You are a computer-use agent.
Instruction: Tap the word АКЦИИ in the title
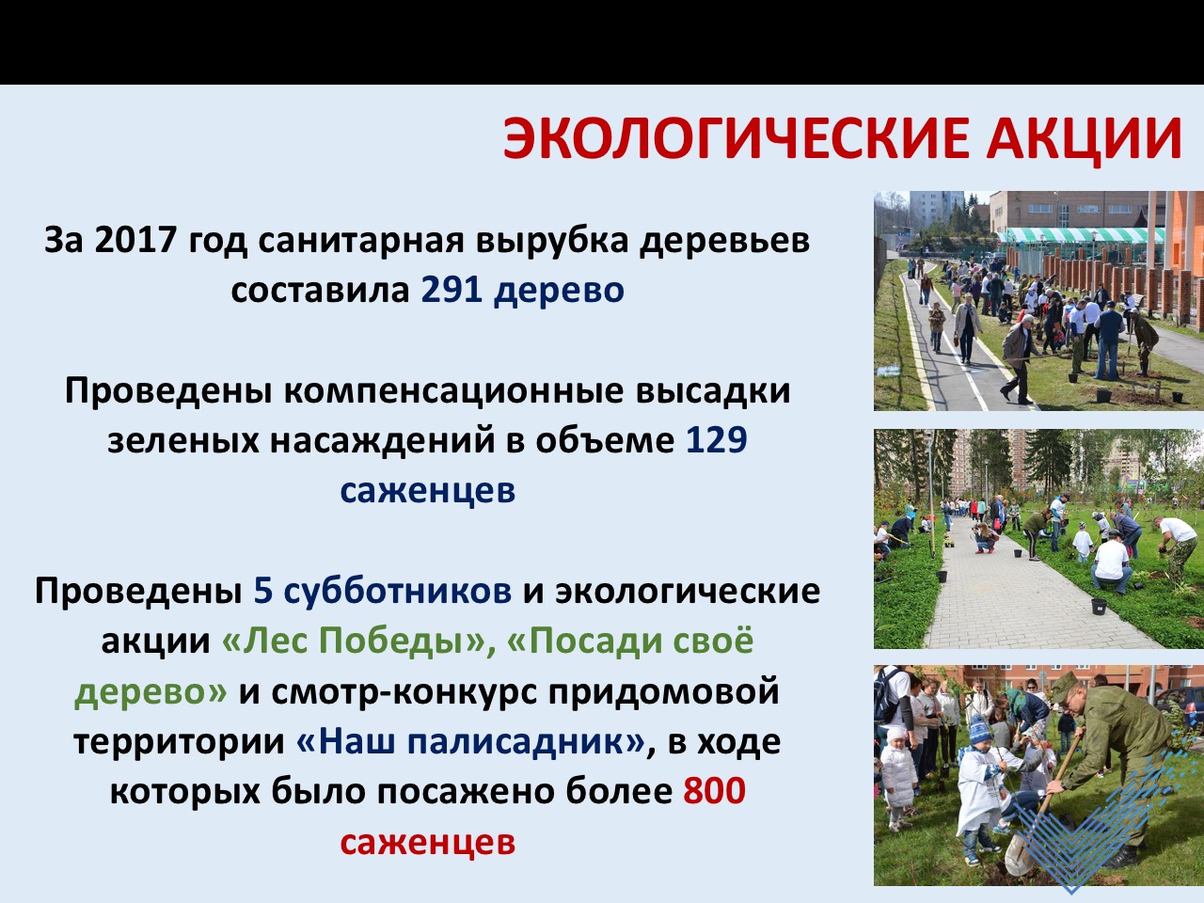1084,139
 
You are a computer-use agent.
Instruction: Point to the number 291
451,290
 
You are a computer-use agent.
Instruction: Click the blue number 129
717,439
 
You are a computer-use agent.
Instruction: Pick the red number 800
715,790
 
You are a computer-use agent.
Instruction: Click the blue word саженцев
428,492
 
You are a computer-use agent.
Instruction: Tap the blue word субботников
398,591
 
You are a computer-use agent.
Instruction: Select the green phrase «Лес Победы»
354,641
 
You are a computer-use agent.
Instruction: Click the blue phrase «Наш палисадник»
470,741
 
